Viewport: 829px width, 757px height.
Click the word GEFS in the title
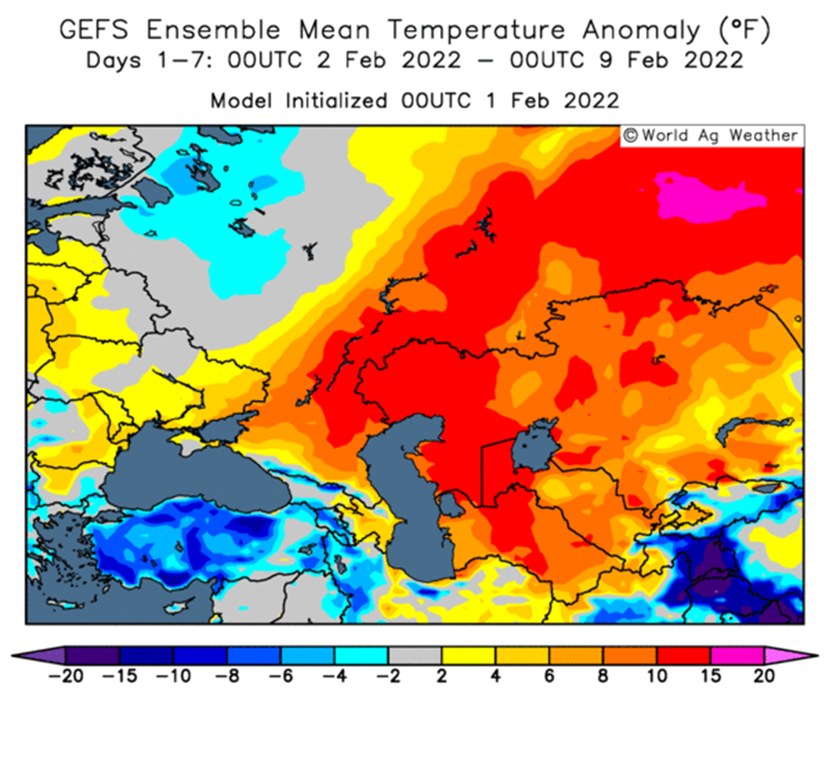94,29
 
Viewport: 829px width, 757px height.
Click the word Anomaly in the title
642,31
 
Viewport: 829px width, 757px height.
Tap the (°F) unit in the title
744,31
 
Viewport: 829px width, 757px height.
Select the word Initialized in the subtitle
336,101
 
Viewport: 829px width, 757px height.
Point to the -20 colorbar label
65,676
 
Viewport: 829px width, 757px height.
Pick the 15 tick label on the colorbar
710,676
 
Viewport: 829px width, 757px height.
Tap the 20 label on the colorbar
764,676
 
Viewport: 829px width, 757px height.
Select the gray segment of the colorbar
415,655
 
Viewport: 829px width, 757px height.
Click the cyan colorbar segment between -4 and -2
361,655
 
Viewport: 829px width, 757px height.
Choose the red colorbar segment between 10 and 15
683,655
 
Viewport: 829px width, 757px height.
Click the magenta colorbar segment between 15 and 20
737,655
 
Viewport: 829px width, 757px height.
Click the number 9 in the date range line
606,60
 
